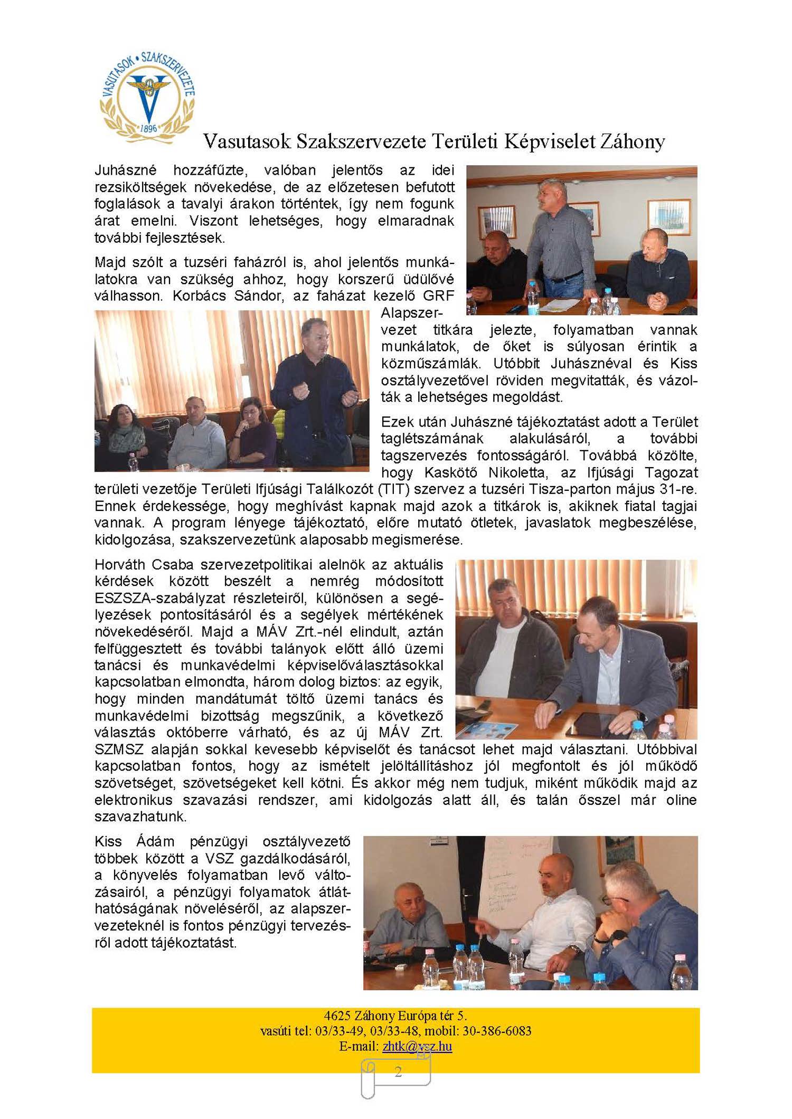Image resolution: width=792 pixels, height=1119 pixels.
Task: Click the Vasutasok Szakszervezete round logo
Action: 148,98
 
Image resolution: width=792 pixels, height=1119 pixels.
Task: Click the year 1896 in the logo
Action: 148,128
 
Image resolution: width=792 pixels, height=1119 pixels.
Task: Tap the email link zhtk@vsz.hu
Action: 417,1046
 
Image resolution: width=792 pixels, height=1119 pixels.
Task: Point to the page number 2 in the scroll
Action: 398,1071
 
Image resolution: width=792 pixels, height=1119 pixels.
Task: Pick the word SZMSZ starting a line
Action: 120,749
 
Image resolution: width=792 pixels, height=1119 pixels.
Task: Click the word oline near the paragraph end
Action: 681,800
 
